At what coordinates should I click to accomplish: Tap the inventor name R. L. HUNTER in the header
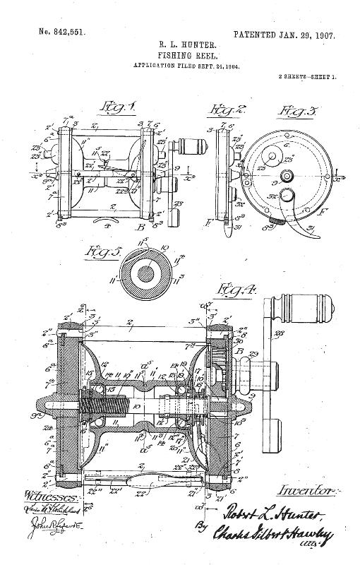180,44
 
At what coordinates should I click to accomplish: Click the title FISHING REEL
180,54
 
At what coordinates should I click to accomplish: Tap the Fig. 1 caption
117,107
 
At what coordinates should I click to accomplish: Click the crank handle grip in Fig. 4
296,315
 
